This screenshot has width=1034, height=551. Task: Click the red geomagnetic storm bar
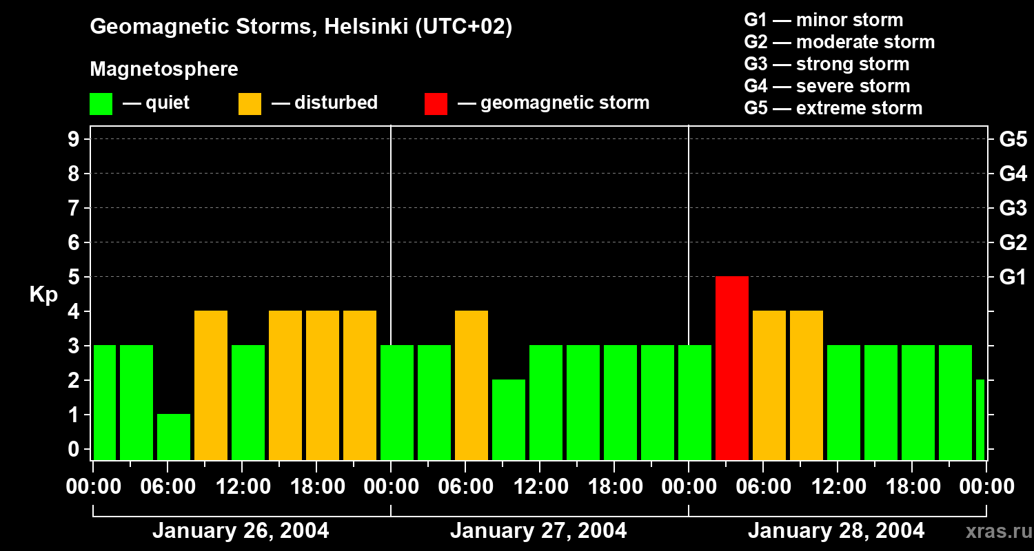click(x=732, y=368)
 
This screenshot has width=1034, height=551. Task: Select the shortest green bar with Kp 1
click(x=174, y=437)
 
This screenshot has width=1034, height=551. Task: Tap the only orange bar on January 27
click(x=472, y=385)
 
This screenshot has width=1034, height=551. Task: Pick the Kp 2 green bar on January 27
click(x=509, y=419)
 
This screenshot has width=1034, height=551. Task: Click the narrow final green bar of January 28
click(x=980, y=419)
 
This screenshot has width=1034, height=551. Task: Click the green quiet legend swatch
click(x=101, y=104)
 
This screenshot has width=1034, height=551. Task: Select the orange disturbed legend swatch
click(x=250, y=104)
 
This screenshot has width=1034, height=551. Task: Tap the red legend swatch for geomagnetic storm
click(x=436, y=104)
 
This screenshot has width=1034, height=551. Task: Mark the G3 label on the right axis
click(x=1013, y=208)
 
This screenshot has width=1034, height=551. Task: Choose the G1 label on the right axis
click(x=1013, y=277)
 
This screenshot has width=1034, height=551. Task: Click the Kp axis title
click(x=43, y=295)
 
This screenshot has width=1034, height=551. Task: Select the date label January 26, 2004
click(x=241, y=531)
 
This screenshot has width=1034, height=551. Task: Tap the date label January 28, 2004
click(x=836, y=531)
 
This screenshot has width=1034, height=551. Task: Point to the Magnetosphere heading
click(x=164, y=70)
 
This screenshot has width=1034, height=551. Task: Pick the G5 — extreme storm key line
click(x=833, y=108)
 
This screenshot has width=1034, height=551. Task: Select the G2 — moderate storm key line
click(x=839, y=42)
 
